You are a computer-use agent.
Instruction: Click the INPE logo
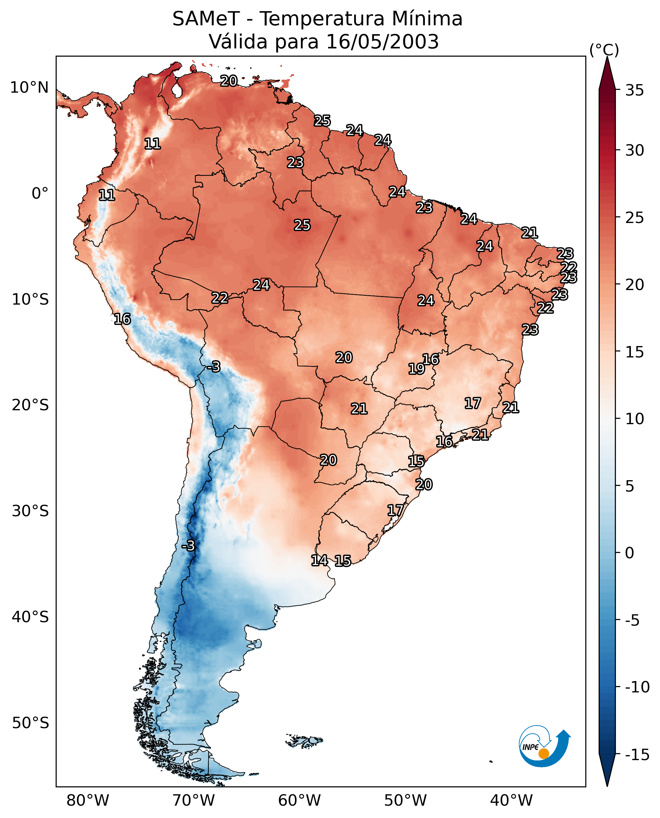click(545, 747)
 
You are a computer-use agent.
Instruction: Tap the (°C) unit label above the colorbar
click(604, 50)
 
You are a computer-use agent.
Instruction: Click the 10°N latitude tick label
click(29, 88)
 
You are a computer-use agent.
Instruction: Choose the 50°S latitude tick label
click(30, 722)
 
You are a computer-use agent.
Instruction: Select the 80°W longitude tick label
click(88, 801)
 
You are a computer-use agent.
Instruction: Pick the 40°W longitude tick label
click(511, 801)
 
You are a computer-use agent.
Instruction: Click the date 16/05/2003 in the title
click(383, 42)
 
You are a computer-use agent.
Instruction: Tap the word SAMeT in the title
click(206, 19)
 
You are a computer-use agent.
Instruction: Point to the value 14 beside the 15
click(319, 560)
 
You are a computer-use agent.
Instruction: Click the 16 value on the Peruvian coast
click(122, 319)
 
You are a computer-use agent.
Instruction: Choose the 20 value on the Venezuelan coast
click(229, 81)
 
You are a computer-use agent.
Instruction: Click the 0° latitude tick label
click(40, 194)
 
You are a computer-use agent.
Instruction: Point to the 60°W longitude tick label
click(300, 801)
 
